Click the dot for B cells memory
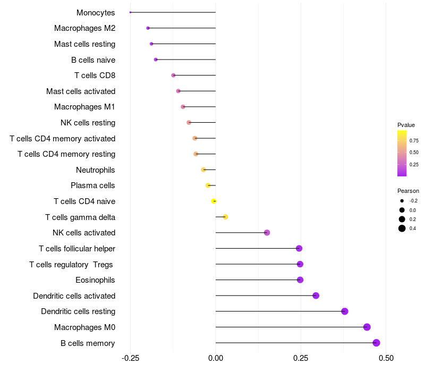[376, 343]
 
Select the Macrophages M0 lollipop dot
[367, 327]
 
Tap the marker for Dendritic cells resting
[344, 311]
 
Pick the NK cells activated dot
[267, 233]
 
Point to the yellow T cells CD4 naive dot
[214, 201]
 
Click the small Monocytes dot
[131, 12]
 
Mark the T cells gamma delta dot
[225, 217]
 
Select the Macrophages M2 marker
[148, 28]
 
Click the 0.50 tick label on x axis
[386, 359]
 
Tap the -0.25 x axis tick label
[131, 359]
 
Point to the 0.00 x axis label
[216, 359]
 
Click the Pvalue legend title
[406, 125]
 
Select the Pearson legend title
[408, 191]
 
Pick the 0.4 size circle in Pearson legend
[402, 229]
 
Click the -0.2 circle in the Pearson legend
[402, 201]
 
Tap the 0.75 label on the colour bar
[414, 140]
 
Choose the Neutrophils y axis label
[96, 170]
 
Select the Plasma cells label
[93, 185]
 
